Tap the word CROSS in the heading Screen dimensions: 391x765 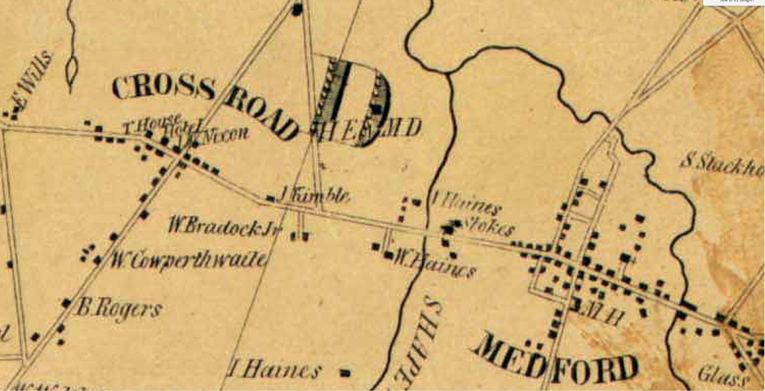pos(163,87)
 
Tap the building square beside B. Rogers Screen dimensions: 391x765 pos(66,303)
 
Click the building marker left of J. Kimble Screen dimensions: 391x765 pos(270,199)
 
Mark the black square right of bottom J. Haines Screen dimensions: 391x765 pos(345,373)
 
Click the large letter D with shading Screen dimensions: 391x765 pos(355,101)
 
